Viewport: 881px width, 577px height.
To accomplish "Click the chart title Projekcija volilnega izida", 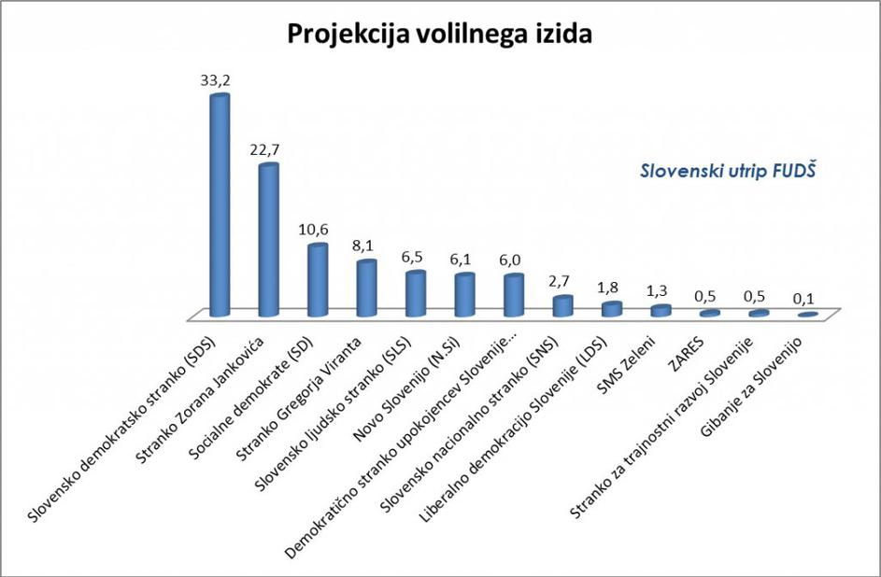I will coord(440,33).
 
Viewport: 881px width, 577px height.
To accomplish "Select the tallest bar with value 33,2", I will coord(220,205).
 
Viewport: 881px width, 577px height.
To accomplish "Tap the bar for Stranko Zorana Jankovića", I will coord(268,240).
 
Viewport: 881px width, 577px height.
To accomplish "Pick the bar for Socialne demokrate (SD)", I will coord(318,280).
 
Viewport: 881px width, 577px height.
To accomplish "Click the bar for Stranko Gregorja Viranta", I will coord(366,288).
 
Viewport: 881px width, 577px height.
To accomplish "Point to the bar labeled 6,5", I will coord(416,294).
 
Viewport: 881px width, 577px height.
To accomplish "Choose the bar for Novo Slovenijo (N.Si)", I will coord(464,295).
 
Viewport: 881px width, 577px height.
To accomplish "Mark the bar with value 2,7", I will coord(562,306).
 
